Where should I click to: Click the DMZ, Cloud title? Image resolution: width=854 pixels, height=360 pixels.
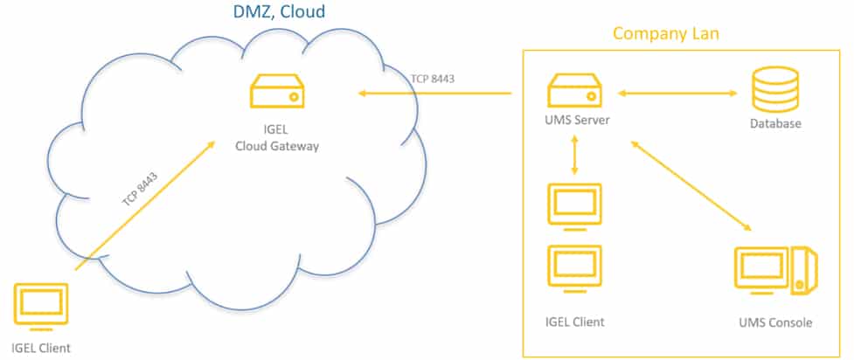click(280, 11)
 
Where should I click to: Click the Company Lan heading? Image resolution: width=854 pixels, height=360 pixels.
click(666, 34)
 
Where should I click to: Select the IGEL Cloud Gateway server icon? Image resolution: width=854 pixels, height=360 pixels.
click(277, 92)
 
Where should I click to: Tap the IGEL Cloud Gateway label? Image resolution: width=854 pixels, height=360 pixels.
click(277, 139)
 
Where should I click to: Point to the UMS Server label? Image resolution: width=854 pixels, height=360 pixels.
click(577, 121)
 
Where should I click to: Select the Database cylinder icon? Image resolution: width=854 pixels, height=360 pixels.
click(775, 89)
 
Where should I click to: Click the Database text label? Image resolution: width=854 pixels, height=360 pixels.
click(775, 123)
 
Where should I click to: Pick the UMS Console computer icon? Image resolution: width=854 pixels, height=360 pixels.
click(775, 271)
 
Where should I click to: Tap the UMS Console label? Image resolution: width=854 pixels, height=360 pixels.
click(775, 323)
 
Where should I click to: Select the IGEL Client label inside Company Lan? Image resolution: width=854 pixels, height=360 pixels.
click(574, 322)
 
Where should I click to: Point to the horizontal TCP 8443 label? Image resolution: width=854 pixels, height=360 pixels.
click(433, 79)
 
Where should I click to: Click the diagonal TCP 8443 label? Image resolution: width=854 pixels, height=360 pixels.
click(140, 189)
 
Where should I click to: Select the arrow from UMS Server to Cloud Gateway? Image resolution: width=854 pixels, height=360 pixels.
click(434, 93)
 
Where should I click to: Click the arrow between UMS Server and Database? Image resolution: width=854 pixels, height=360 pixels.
click(677, 93)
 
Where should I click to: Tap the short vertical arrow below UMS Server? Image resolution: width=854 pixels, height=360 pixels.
click(574, 156)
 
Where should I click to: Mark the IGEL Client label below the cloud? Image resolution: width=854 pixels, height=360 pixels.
click(41, 348)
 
